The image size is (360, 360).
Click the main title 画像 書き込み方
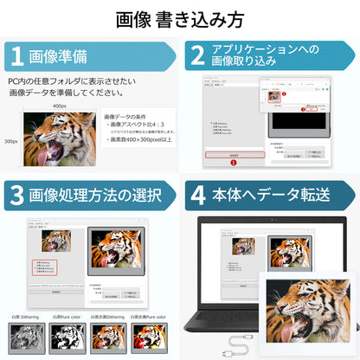point(179,18)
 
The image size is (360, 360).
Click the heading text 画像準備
point(58,56)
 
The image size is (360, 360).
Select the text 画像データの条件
point(127,116)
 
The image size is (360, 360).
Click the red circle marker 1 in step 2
point(232,162)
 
